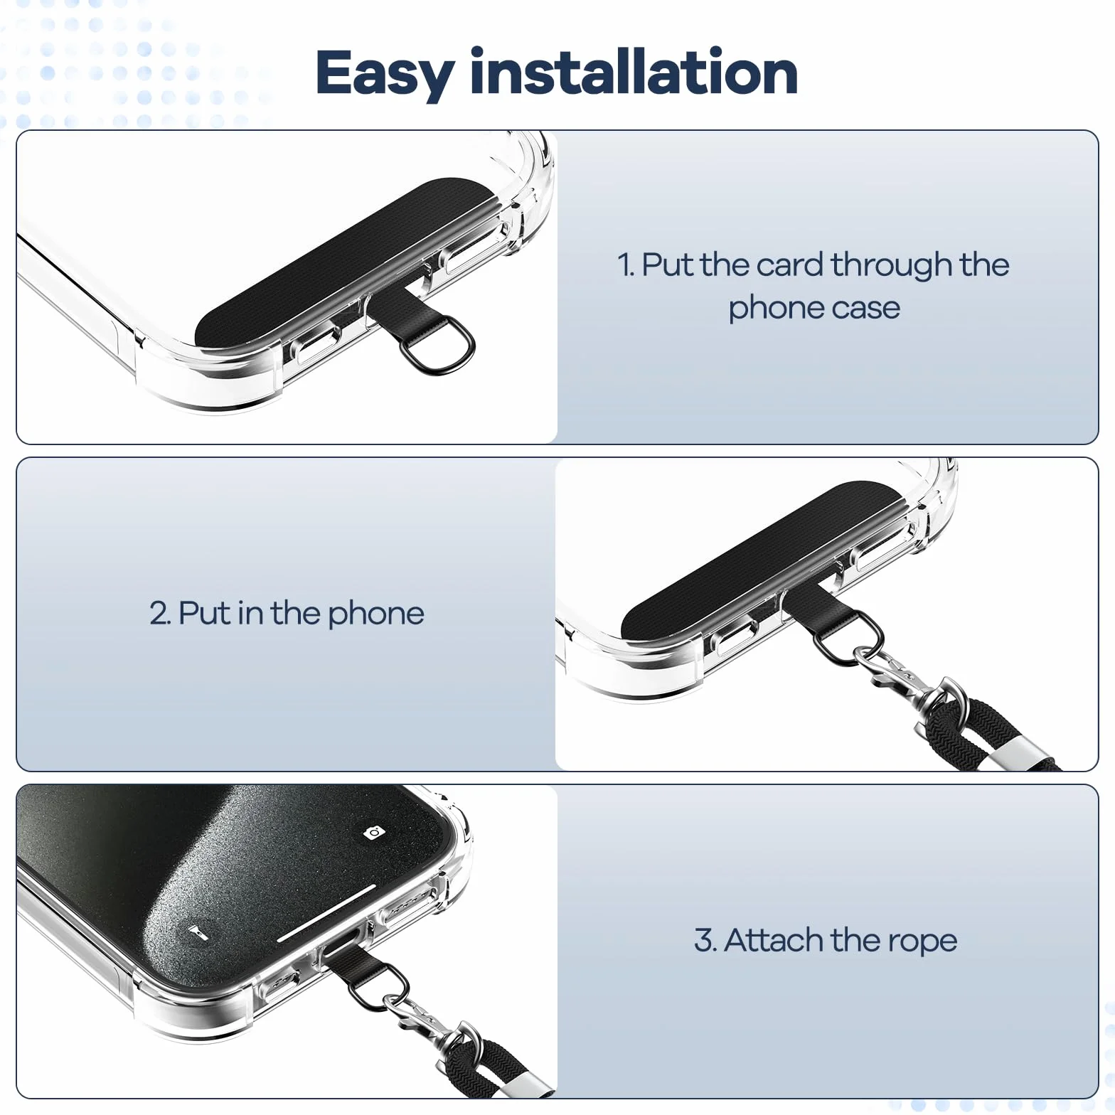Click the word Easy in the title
(x=385, y=74)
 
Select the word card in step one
(x=790, y=265)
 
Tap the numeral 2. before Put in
(x=160, y=613)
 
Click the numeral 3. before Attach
(x=705, y=940)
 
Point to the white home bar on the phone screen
(x=326, y=914)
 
